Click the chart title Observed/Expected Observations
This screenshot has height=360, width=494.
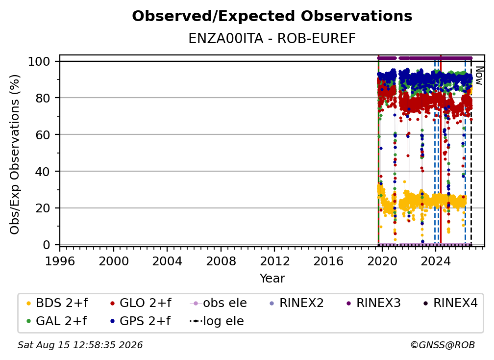[x=272, y=16]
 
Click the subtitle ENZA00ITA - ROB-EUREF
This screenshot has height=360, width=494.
[x=272, y=39]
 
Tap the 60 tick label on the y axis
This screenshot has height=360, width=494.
[x=43, y=134]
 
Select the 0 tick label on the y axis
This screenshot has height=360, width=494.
[x=47, y=245]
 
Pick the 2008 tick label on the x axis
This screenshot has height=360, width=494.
[x=221, y=261]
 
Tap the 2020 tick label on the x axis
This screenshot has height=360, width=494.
[x=382, y=261]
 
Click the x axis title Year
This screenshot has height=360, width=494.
[x=272, y=279]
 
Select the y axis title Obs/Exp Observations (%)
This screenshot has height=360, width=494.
[x=15, y=154]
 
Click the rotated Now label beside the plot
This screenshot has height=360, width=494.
[x=479, y=76]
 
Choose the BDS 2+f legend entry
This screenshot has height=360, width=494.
[x=57, y=303]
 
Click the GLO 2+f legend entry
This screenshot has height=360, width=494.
[x=141, y=303]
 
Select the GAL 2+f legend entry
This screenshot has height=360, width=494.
[x=56, y=321]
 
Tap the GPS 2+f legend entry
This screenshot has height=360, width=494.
[x=140, y=321]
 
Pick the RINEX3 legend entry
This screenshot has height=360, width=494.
[x=373, y=303]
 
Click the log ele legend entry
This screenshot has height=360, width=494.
[x=217, y=321]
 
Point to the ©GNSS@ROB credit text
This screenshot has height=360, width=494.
[x=443, y=345]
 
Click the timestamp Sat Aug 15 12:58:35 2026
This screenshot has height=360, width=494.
[x=80, y=345]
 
